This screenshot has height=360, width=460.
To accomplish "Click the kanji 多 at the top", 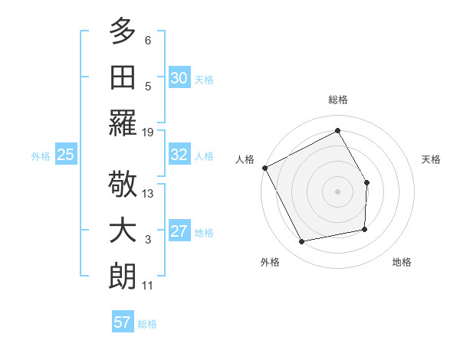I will tap(123, 32).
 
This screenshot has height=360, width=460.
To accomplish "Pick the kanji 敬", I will tap(123, 185).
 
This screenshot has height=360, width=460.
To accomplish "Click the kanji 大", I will tap(123, 231).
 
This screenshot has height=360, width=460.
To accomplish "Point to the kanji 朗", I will tap(123, 277).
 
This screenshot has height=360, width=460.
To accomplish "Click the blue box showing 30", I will tap(179, 77).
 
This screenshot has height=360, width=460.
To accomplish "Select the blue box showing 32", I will tap(179, 155).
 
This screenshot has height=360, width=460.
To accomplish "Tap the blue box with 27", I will tap(179, 231).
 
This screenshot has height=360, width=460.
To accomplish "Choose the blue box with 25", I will tap(65, 155).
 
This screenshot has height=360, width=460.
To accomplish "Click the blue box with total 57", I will tap(122, 322).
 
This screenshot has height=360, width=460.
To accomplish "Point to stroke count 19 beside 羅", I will tap(148, 133).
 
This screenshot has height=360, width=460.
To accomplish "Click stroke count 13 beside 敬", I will tap(148, 194).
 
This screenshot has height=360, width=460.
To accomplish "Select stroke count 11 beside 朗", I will tap(148, 286).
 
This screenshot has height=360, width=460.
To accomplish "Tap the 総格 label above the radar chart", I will tap(337, 100).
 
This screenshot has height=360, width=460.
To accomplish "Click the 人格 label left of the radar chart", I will tap(245, 159).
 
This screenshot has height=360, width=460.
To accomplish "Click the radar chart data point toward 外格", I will tap(302, 242).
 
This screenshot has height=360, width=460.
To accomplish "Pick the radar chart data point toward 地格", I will tap(365, 228).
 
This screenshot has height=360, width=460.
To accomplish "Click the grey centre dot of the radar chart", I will tap(337, 191).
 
